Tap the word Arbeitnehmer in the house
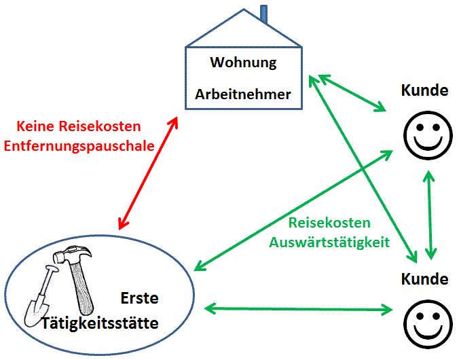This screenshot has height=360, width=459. click(x=243, y=94)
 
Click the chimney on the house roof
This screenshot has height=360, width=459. click(x=263, y=14)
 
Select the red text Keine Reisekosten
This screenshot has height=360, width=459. click(x=79, y=126)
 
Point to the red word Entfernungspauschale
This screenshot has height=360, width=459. click(x=79, y=146)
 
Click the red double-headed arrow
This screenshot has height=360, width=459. click(x=148, y=173)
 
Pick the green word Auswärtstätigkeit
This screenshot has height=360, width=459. click(x=329, y=243)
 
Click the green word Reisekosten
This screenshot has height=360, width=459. click(x=329, y=223)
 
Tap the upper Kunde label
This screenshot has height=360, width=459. click(x=424, y=90)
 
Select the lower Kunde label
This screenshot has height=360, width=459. click(x=424, y=279)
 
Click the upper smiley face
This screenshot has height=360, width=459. click(x=428, y=135)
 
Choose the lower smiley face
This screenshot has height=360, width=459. click(x=428, y=324)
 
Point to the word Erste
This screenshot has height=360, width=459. click(x=139, y=298)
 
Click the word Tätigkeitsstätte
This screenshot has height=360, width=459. click(x=100, y=323)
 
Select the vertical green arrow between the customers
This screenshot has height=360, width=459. click(x=430, y=215)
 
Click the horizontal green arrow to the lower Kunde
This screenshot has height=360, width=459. click(x=298, y=309)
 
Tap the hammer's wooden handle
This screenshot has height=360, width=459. click(x=81, y=287)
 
